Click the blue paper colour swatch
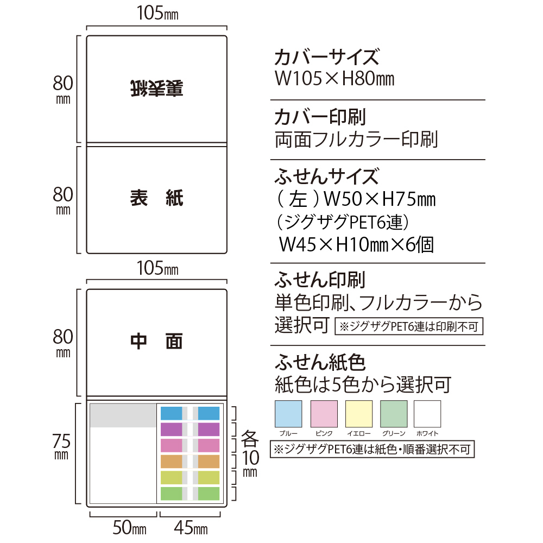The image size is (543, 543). [x=288, y=414]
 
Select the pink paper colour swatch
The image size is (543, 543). [x=324, y=414]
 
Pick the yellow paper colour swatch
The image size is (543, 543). [x=359, y=414]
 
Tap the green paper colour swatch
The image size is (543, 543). [x=394, y=414]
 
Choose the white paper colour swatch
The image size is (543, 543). [x=427, y=414]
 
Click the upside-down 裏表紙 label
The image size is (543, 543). [x=157, y=89]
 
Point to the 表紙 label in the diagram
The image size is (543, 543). [x=157, y=198]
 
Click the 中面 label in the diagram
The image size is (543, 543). [x=157, y=341]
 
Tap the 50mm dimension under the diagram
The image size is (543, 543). [x=130, y=527]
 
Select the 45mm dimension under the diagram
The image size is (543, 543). [x=191, y=527]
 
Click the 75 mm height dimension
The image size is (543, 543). [x=62, y=446]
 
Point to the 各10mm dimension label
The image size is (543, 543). [x=250, y=453]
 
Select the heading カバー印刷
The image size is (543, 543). [x=320, y=117]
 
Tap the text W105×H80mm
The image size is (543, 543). [x=334, y=79]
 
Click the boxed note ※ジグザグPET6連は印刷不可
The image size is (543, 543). [x=409, y=326]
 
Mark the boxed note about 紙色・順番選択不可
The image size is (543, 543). [x=372, y=449]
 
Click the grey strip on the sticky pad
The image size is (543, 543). [x=123, y=415]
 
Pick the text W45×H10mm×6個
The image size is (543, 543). [x=356, y=244]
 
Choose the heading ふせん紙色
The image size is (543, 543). [x=320, y=362]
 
